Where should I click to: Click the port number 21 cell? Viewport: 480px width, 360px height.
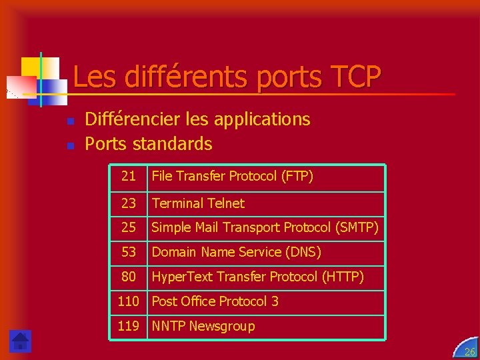pyautogui.click(x=129, y=177)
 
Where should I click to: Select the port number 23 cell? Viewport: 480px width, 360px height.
pyautogui.click(x=129, y=203)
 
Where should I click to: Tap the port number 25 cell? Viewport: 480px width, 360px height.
pyautogui.click(x=129, y=228)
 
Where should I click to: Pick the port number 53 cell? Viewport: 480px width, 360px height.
pyautogui.click(x=129, y=253)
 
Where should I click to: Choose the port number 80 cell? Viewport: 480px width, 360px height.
pyautogui.click(x=129, y=277)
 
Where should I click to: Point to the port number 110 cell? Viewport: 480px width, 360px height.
pyautogui.click(x=128, y=301)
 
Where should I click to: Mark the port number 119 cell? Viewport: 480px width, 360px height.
pyautogui.click(x=128, y=326)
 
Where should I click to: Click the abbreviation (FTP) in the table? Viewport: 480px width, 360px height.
pyautogui.click(x=298, y=177)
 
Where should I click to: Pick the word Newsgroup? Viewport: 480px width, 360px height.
pyautogui.click(x=222, y=326)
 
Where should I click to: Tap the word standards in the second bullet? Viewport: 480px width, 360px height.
pyautogui.click(x=173, y=143)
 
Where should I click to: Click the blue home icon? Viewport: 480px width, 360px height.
pyautogui.click(x=20, y=341)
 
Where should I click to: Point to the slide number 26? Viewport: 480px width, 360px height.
pyautogui.click(x=469, y=351)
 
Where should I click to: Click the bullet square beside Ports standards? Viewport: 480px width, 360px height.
pyautogui.click(x=70, y=145)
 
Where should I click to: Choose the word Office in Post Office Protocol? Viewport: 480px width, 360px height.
pyautogui.click(x=197, y=301)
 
